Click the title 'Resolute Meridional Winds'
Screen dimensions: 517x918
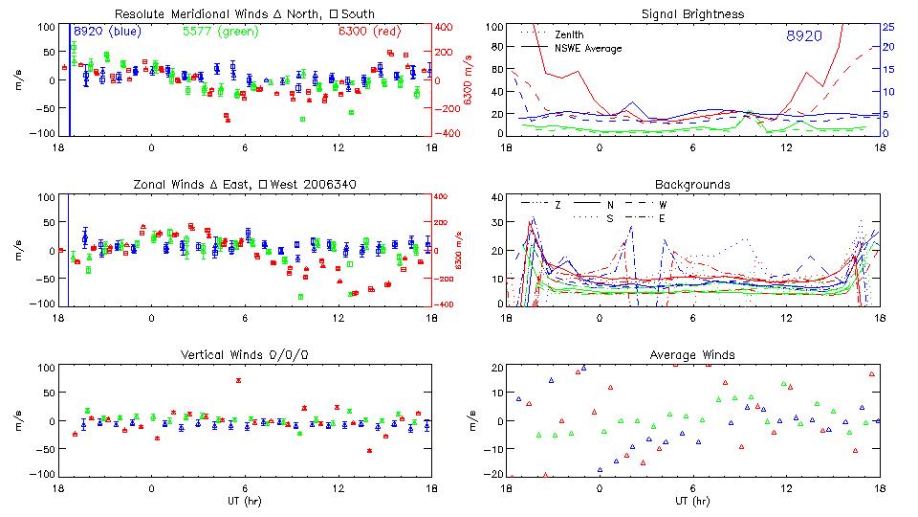pyautogui.click(x=177, y=14)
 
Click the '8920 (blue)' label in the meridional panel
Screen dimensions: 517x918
pyautogui.click(x=107, y=32)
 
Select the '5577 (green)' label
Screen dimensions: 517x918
pyautogui.click(x=211, y=32)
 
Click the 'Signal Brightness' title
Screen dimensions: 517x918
pyautogui.click(x=692, y=14)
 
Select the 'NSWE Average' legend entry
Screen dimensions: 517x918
pyautogui.click(x=588, y=48)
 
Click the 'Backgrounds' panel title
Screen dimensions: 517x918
pyautogui.click(x=692, y=184)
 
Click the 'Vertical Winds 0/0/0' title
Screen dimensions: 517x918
pyautogui.click(x=245, y=355)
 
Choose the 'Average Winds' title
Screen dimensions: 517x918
pyautogui.click(x=692, y=355)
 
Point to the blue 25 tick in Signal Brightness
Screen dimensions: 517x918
pyautogui.click(x=887, y=26)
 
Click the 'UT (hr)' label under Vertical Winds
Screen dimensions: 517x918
pyautogui.click(x=245, y=502)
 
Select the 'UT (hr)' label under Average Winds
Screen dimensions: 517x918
pyautogui.click(x=692, y=502)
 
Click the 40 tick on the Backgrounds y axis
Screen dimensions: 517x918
pyautogui.click(x=495, y=197)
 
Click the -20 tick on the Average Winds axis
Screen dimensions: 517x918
pyautogui.click(x=494, y=474)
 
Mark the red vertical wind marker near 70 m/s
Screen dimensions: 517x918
pyautogui.click(x=238, y=380)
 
